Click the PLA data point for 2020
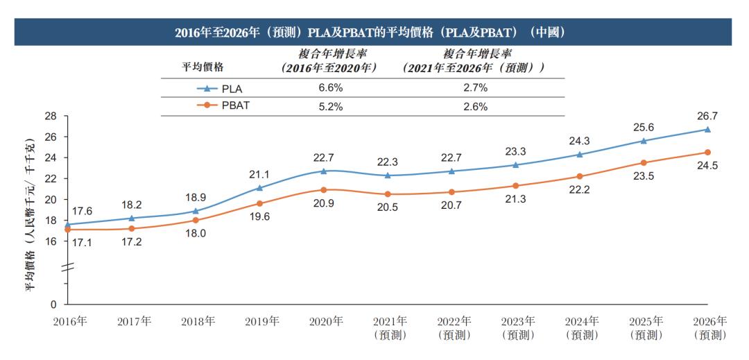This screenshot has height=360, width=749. (324, 171)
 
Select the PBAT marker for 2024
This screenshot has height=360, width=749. (579, 176)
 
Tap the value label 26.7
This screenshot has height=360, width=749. (707, 115)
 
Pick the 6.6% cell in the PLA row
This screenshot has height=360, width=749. (329, 88)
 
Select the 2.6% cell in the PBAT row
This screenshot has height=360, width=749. (475, 106)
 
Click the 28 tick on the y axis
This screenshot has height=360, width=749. (51, 116)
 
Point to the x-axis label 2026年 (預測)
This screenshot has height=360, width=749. (709, 328)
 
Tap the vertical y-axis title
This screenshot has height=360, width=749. (31, 215)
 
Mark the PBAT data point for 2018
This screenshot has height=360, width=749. (196, 220)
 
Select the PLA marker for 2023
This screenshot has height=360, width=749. (515, 165)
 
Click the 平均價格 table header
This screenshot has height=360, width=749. (203, 67)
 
